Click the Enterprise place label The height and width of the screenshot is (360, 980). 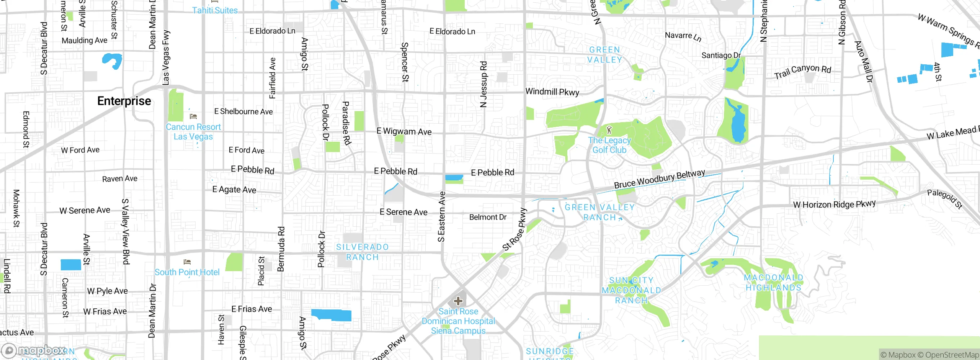pyautogui.click(x=124, y=101)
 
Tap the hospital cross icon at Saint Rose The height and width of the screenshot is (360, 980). pyautogui.click(x=458, y=301)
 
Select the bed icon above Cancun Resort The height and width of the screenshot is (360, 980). pyautogui.click(x=193, y=116)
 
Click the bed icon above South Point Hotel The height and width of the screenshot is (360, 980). pyautogui.click(x=187, y=262)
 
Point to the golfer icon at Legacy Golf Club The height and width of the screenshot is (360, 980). pyautogui.click(x=609, y=130)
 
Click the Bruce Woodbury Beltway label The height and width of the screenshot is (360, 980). pyautogui.click(x=659, y=179)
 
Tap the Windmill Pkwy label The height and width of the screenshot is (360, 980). pyautogui.click(x=552, y=92)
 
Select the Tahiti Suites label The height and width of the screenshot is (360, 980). pyautogui.click(x=215, y=10)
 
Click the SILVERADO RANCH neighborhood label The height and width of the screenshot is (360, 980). pyautogui.click(x=362, y=252)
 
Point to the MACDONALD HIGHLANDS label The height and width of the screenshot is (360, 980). pyautogui.click(x=773, y=282)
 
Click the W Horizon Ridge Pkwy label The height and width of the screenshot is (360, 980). pyautogui.click(x=834, y=205)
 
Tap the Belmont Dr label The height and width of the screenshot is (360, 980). pyautogui.click(x=488, y=217)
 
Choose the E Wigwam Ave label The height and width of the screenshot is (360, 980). pyautogui.click(x=404, y=131)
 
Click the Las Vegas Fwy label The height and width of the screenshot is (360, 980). pyautogui.click(x=166, y=57)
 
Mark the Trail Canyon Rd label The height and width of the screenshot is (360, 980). pyautogui.click(x=802, y=71)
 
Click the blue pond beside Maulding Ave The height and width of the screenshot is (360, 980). pyautogui.click(x=112, y=61)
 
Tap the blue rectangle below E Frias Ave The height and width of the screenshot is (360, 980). pyautogui.click(x=332, y=315)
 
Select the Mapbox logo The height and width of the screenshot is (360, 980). pyautogui.click(x=34, y=350)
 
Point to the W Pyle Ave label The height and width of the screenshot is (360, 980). pyautogui.click(x=107, y=291)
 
